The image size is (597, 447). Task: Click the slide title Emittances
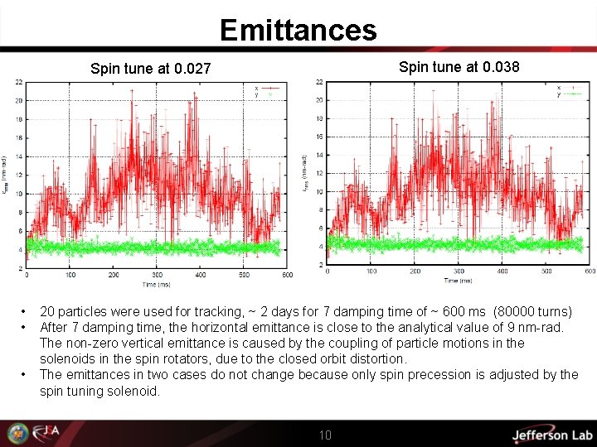(x=298, y=31)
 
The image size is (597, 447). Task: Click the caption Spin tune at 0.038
(x=459, y=66)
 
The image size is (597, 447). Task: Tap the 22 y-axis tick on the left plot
(x=18, y=82)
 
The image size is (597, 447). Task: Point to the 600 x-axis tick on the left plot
(x=288, y=275)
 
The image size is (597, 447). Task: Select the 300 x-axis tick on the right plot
(x=459, y=271)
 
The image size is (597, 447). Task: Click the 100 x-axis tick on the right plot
(x=371, y=271)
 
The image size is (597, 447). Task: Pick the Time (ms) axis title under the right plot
(x=459, y=280)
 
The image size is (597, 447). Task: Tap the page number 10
(x=325, y=435)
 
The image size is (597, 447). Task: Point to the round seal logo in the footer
(x=17, y=433)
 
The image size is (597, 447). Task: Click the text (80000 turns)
(x=532, y=312)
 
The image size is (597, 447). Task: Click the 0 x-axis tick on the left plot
(x=27, y=275)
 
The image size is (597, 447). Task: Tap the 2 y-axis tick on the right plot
(x=320, y=266)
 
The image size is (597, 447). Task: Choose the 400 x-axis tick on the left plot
(x=201, y=275)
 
